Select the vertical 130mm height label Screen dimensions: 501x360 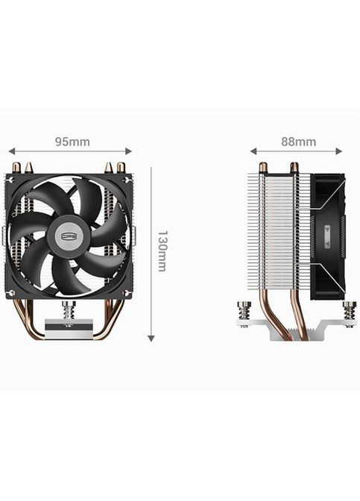click(x=162, y=250)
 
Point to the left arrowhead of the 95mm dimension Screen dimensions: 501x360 click(x=10, y=151)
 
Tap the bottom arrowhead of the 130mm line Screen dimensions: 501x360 click(x=151, y=338)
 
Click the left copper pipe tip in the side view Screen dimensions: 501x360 click(x=262, y=167)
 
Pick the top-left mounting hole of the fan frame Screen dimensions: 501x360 click(x=11, y=180)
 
